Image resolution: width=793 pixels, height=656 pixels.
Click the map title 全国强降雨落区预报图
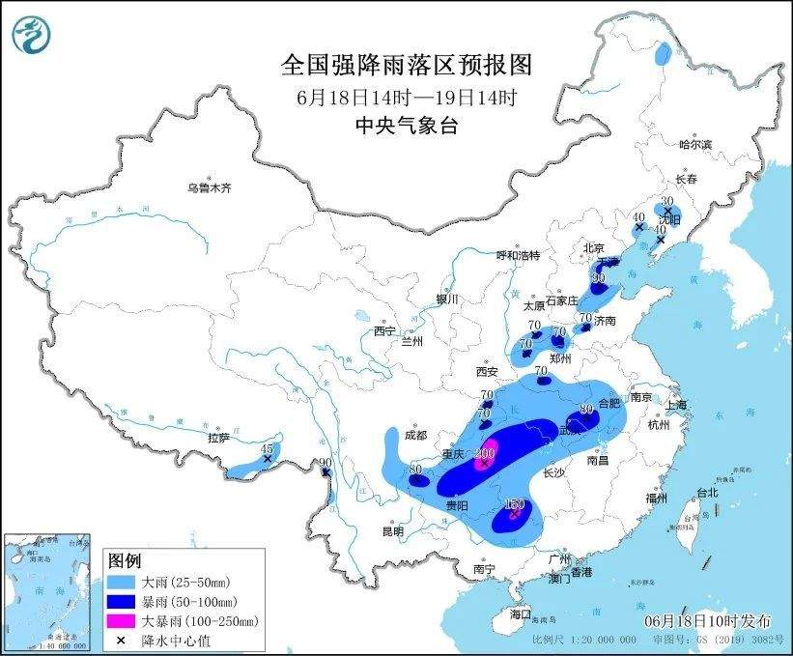coord(406,65)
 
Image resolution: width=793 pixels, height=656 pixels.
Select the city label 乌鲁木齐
coord(210,187)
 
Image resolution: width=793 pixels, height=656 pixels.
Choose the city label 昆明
coord(392,531)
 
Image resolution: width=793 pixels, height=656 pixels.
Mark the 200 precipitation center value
coord(485,453)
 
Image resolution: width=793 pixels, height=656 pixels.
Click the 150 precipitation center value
coord(514,505)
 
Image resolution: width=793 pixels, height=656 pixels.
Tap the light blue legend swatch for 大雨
coord(123,583)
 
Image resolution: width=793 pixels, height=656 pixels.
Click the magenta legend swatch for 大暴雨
coord(123,621)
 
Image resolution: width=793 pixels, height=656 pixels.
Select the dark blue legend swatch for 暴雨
coord(123,602)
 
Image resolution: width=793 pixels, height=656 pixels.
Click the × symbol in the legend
coord(123,640)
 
